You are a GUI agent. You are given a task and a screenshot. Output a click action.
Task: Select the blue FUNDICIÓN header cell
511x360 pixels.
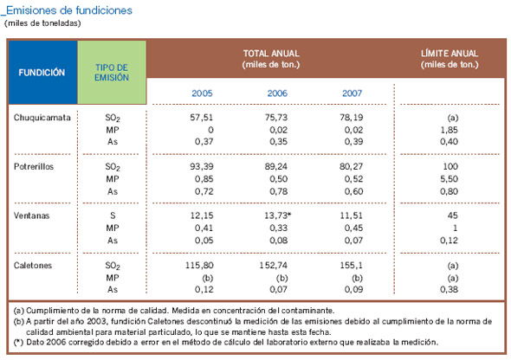[42, 73]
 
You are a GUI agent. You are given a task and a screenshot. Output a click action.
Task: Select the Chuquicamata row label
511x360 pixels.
[42, 116]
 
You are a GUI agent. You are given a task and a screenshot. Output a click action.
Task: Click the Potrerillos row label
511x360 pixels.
[36, 165]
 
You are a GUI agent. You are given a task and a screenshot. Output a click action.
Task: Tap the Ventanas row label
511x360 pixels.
[32, 214]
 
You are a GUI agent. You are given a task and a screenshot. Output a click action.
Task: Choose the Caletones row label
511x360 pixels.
[35, 262]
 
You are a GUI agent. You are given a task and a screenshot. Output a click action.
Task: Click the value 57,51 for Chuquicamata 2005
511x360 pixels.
[202, 116]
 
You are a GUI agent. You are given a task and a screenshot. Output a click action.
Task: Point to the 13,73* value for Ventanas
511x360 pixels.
[277, 214]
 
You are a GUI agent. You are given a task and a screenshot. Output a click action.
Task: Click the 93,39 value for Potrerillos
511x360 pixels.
[202, 165]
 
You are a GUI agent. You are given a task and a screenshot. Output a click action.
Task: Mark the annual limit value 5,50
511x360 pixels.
[448, 177]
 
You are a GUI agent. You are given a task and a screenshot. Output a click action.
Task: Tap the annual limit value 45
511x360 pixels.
[448, 214]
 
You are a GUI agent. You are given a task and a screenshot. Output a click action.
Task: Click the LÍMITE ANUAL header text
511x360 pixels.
[449, 54]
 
